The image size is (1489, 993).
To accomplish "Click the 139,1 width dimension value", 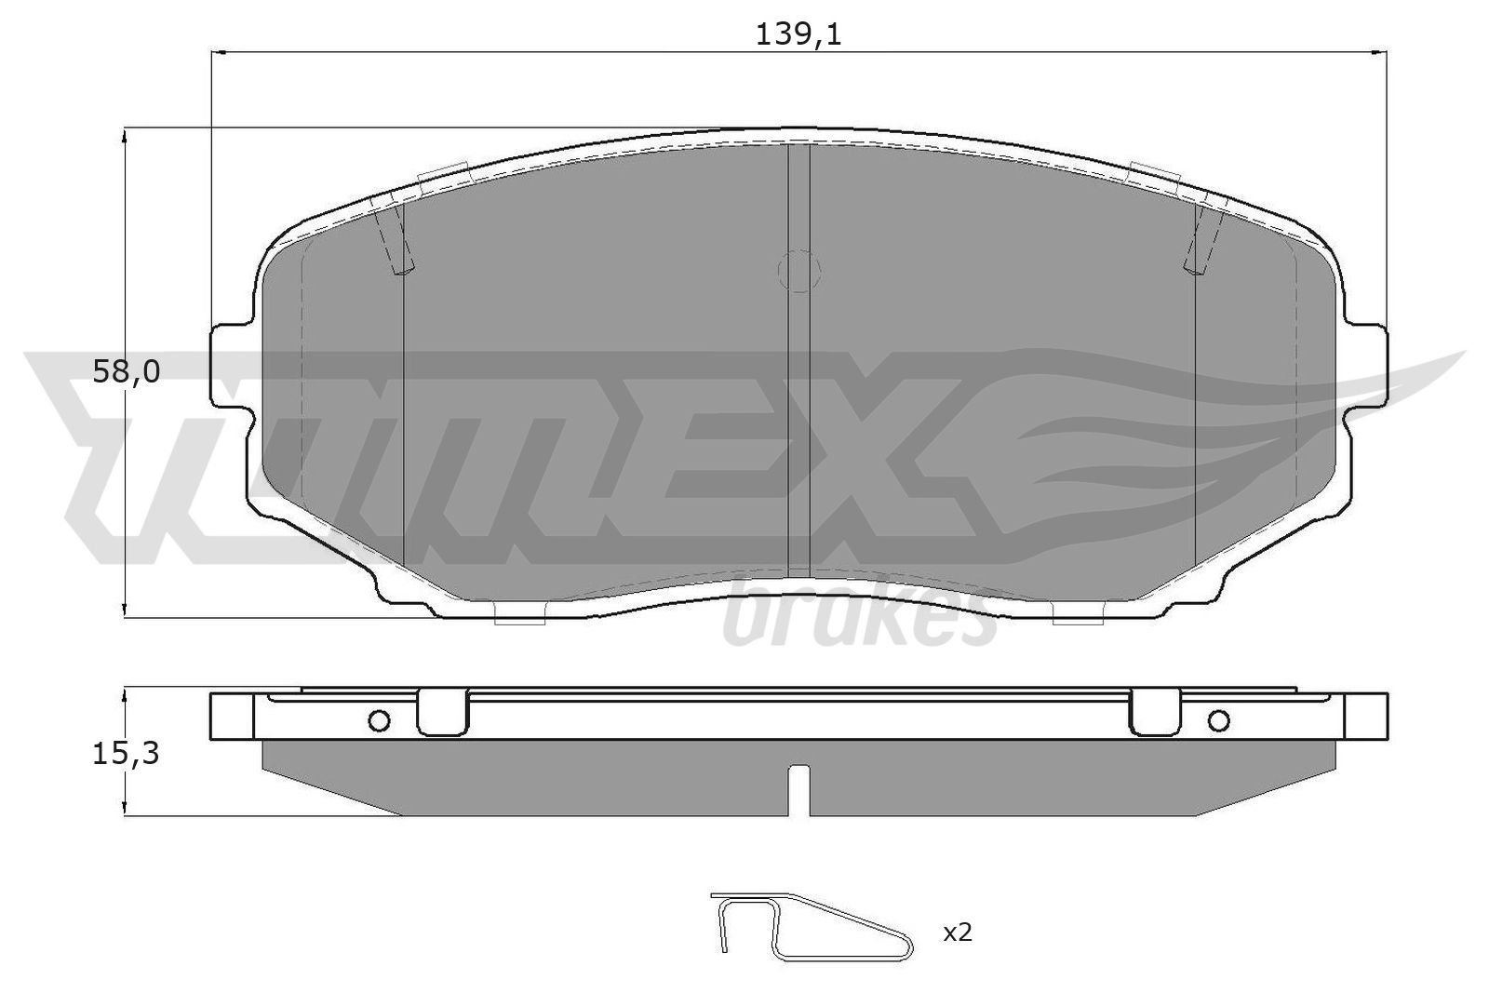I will pos(798,34).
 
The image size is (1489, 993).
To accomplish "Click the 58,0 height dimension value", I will pos(126,372).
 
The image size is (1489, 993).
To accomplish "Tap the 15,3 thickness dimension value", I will pos(126,754).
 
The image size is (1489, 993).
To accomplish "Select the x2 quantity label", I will pos(957,932).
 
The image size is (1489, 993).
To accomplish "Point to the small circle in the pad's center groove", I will pos(799,271).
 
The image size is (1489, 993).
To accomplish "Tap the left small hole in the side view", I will pos(379,719).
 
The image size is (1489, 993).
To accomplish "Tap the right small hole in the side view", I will pos(1218,719).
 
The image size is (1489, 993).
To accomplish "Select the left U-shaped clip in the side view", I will pos(443,713).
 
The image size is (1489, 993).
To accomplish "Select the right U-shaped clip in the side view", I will pos(1155,713).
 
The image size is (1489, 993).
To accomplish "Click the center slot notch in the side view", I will pos(799,786).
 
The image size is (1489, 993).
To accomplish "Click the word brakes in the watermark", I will pos(856,619).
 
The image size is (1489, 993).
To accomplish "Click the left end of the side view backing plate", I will pos(232,717).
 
